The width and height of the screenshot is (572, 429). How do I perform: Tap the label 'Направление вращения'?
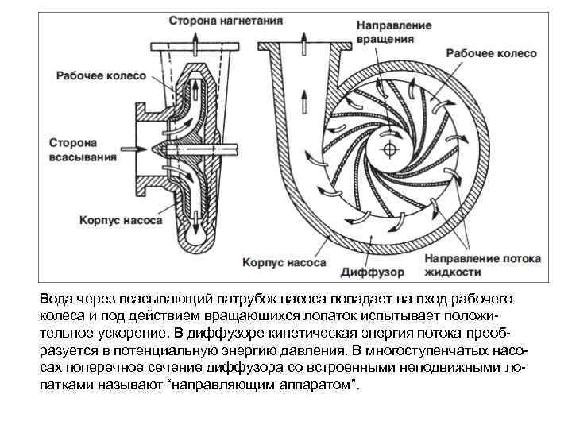(x=394, y=32)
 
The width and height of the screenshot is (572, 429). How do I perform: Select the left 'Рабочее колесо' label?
(x=101, y=76)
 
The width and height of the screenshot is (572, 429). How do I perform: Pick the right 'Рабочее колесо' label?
(x=491, y=53)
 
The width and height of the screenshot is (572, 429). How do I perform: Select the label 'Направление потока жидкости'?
(x=483, y=265)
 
